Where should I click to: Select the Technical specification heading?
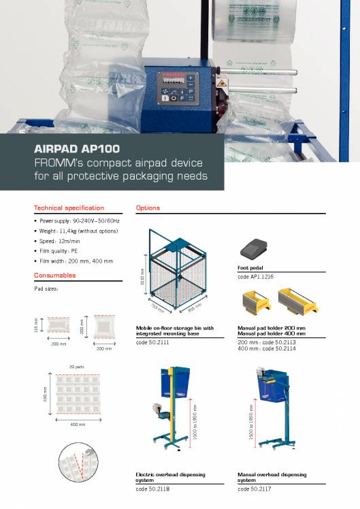pyautogui.click(x=69, y=208)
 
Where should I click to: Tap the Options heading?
pyautogui.click(x=148, y=208)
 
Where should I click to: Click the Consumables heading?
pyautogui.click(x=64, y=276)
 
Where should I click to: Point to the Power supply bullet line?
pyautogui.click(x=79, y=222)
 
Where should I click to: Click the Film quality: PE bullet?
pyautogui.click(x=62, y=251)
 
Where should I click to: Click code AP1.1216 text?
pyautogui.click(x=256, y=277)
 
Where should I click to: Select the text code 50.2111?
pyautogui.click(x=152, y=342)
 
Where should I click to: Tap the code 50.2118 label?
pyautogui.click(x=152, y=489)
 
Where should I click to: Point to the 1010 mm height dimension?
pyautogui.click(x=141, y=280)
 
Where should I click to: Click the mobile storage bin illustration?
pyautogui.click(x=177, y=272)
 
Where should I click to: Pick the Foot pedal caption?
pyautogui.click(x=250, y=268)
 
